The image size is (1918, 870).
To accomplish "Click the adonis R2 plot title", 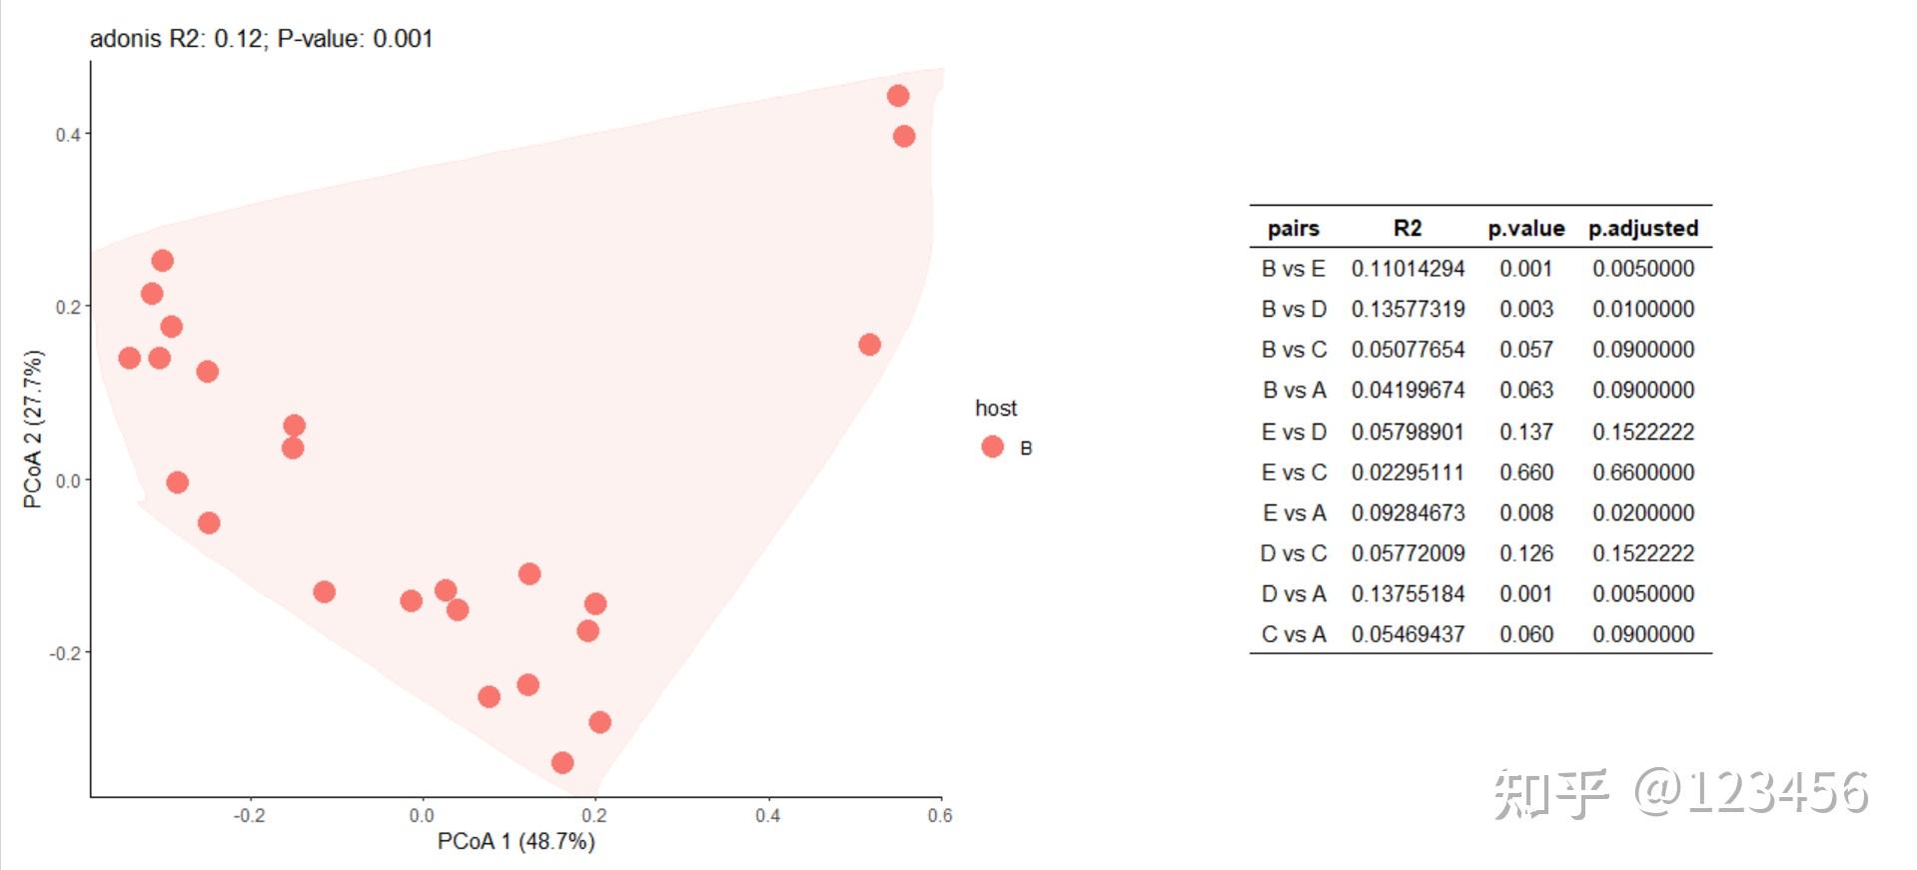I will pyautogui.click(x=261, y=39).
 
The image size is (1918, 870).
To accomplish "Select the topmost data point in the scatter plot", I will pyautogui.click(x=898, y=96).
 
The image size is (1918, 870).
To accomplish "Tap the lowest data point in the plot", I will pyautogui.click(x=562, y=763).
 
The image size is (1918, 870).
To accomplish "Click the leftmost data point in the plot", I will pyautogui.click(x=129, y=358).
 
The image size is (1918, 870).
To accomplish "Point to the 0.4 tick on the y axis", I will pyautogui.click(x=69, y=134).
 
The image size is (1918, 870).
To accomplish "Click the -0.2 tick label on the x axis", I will pyautogui.click(x=249, y=816).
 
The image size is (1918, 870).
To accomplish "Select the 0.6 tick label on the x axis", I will pyautogui.click(x=940, y=816).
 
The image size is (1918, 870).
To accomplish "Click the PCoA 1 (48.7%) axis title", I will pyautogui.click(x=515, y=842).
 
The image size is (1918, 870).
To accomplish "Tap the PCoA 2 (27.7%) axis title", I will pyautogui.click(x=33, y=430).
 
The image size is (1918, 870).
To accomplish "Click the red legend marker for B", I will pyautogui.click(x=992, y=446).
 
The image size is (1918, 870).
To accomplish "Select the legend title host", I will pyautogui.click(x=996, y=409).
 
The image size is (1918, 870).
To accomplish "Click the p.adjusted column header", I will pyautogui.click(x=1643, y=228).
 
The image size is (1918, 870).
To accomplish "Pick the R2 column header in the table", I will pyautogui.click(x=1408, y=228).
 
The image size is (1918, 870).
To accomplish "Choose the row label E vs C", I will pyautogui.click(x=1294, y=472).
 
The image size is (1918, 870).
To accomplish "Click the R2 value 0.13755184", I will pyautogui.click(x=1408, y=594).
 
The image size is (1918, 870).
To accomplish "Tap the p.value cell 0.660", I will pyautogui.click(x=1526, y=472).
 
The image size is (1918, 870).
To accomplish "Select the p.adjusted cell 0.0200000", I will pyautogui.click(x=1643, y=513).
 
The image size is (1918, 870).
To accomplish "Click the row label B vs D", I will pyautogui.click(x=1294, y=310).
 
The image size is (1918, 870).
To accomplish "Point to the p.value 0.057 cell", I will pyautogui.click(x=1526, y=351).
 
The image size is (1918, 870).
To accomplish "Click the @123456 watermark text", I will pyautogui.click(x=1750, y=793).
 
